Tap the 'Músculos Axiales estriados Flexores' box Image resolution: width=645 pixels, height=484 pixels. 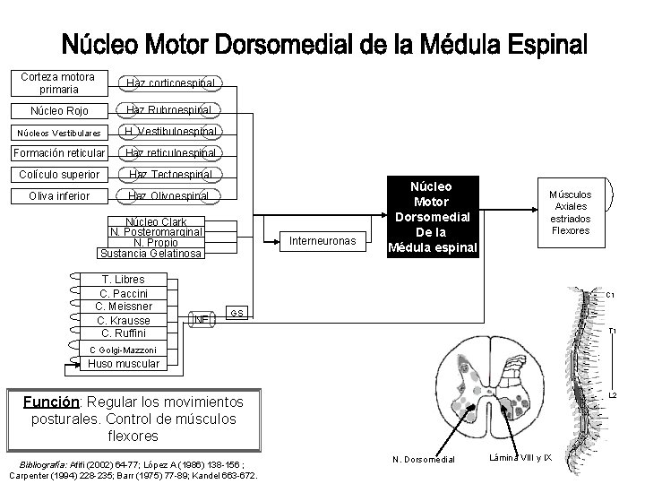[571, 212]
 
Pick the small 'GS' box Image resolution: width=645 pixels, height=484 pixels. [236, 313]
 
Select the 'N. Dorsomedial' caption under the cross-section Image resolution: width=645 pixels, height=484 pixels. [423, 460]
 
